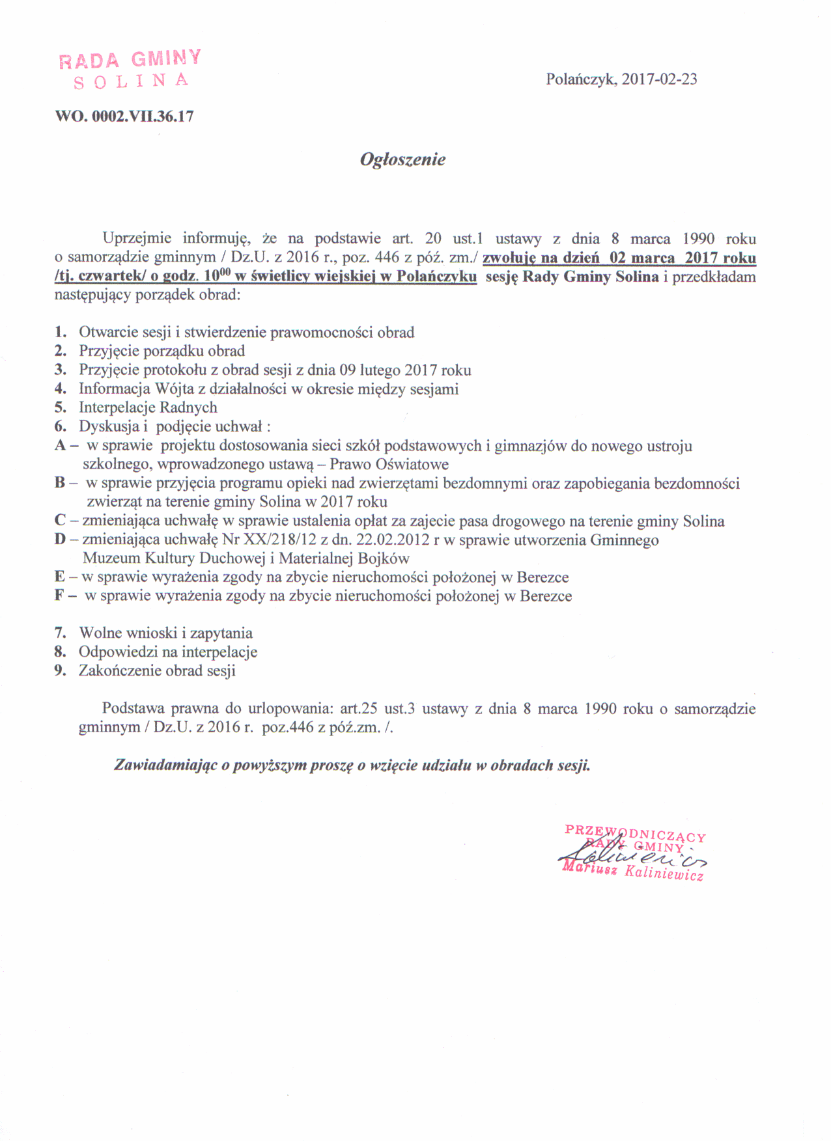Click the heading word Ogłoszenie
(x=402, y=160)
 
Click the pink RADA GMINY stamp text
(x=130, y=59)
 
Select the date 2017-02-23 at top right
(x=659, y=79)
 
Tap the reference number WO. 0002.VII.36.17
(x=124, y=117)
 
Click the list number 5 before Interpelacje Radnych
(x=61, y=408)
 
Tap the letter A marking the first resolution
(x=61, y=446)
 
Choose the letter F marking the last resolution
(x=60, y=596)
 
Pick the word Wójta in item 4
(x=171, y=389)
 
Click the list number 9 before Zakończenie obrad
(x=61, y=671)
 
